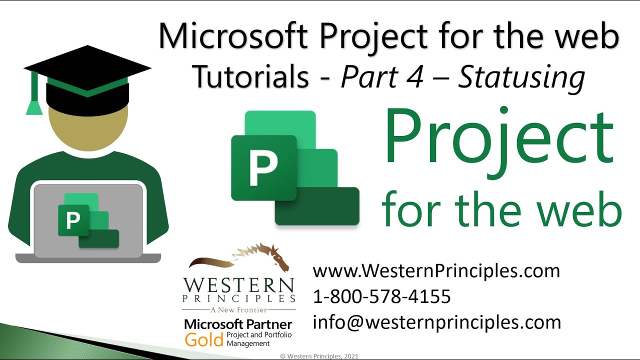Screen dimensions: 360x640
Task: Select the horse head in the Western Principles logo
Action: click(x=270, y=256)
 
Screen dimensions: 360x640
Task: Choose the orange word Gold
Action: click(x=203, y=340)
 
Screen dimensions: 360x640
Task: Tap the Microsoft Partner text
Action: click(x=238, y=324)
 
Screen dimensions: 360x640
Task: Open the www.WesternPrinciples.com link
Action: click(x=436, y=271)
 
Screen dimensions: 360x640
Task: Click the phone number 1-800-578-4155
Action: click(x=381, y=297)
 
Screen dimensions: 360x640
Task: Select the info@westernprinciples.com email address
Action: click(x=436, y=322)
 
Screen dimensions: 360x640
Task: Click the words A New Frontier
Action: click(x=238, y=310)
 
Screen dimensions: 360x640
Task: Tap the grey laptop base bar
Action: click(x=88, y=258)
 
